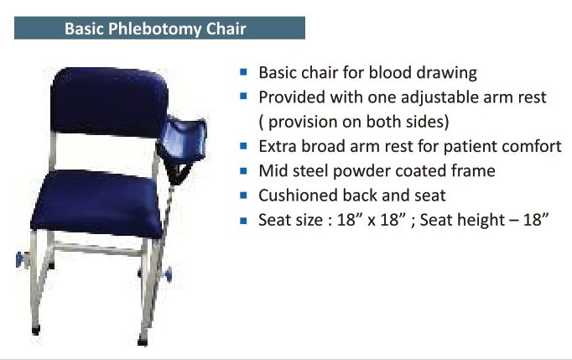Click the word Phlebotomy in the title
(x=154, y=29)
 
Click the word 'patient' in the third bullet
(x=469, y=147)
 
